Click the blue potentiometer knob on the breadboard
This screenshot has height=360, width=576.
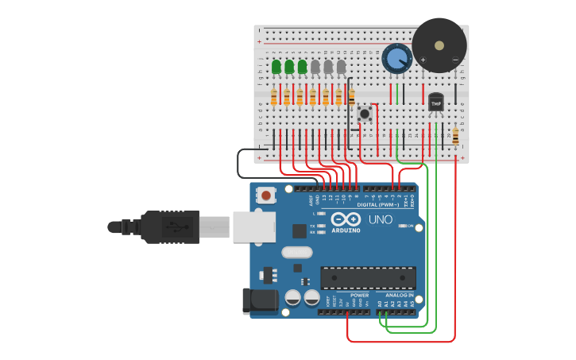tap(396, 57)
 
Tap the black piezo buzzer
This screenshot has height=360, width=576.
tap(439, 45)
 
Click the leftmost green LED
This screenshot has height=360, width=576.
tap(276, 67)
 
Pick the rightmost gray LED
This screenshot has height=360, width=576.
tap(341, 67)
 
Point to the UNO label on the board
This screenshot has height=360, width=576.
tap(381, 219)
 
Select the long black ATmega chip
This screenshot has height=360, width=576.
tap(368, 277)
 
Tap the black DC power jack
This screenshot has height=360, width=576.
tap(257, 300)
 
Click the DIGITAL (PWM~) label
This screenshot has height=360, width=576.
tap(378, 205)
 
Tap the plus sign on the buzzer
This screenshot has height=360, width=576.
tap(423, 60)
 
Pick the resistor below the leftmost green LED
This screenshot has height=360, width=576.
tap(274, 97)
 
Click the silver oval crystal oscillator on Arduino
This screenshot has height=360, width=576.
tap(297, 253)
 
